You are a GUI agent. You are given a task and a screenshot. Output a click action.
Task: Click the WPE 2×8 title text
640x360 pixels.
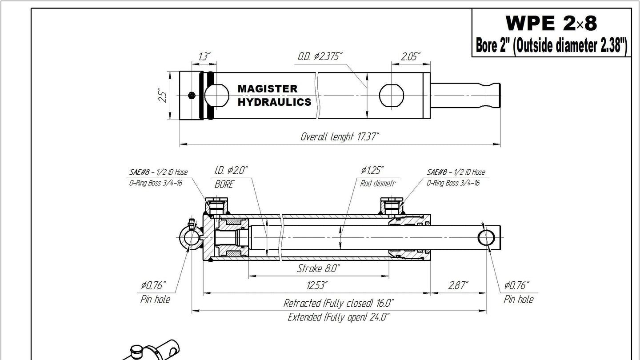551,23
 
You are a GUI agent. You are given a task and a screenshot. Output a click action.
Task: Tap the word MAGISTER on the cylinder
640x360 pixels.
268,88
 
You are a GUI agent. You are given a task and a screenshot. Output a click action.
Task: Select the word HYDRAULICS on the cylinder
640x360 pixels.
274,102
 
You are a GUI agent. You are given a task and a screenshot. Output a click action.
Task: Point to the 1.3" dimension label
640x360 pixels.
204,56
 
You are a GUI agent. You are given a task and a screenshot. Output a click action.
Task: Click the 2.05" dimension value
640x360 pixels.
411,56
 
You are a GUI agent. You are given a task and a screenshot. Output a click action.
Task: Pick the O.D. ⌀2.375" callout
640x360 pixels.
320,56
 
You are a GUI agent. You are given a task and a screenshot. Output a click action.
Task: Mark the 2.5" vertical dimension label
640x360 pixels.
162,96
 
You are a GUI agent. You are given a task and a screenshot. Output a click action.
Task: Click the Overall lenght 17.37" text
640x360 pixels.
340,136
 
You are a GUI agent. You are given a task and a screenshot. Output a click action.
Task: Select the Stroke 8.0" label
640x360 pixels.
318,268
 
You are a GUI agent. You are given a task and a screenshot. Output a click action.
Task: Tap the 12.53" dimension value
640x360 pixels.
317,285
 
